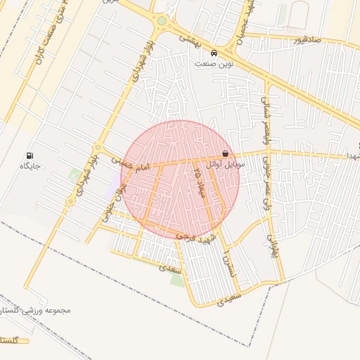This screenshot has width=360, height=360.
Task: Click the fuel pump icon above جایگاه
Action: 29,155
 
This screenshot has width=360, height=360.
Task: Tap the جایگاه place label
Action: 29,166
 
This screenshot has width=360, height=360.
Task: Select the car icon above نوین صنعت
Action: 214,53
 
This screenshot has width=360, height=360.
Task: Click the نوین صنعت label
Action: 214,63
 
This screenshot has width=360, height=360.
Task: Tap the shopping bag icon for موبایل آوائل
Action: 225,153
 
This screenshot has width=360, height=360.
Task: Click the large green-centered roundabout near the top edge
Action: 162,21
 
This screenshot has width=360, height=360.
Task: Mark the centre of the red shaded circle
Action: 180,180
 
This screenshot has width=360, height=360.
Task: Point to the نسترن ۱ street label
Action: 226,261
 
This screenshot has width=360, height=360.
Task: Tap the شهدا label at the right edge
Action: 354,155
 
